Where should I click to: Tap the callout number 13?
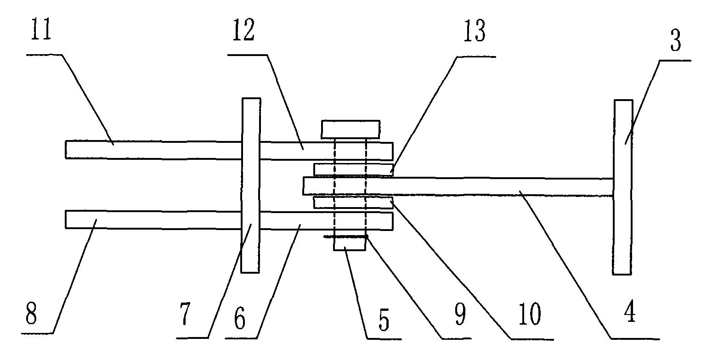pyautogui.click(x=475, y=31)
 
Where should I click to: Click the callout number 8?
pyautogui.click(x=31, y=314)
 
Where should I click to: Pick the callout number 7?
pyautogui.click(x=185, y=315)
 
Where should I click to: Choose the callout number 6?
pyautogui.click(x=240, y=319)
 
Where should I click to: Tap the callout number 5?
pyautogui.click(x=384, y=320)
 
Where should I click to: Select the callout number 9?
pyautogui.click(x=460, y=315)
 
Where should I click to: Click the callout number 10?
pyautogui.click(x=530, y=314)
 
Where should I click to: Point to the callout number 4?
pyautogui.click(x=630, y=311)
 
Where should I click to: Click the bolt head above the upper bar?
pyautogui.click(x=350, y=129)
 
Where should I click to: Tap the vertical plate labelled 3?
pyautogui.click(x=622, y=187)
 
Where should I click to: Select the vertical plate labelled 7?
pyautogui.click(x=250, y=186)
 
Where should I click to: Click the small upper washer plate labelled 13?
pyautogui.click(x=353, y=170)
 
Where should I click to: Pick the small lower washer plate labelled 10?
pyautogui.click(x=353, y=202)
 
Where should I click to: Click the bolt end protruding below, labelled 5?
pyautogui.click(x=349, y=243)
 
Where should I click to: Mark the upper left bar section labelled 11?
pyautogui.click(x=153, y=150)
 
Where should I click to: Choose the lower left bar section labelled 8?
pyautogui.click(x=153, y=220)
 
